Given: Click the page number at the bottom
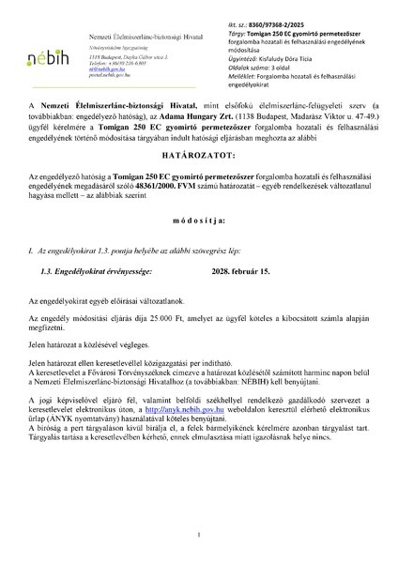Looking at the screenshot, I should (199, 536).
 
